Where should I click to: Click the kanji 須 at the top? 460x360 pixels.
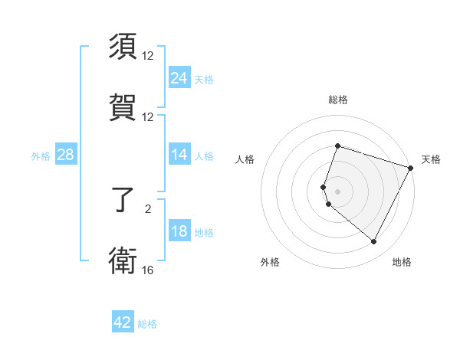(x=123, y=47)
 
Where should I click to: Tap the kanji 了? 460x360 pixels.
(x=123, y=201)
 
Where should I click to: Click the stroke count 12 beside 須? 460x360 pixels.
(x=148, y=56)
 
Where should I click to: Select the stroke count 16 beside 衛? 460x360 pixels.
(x=148, y=270)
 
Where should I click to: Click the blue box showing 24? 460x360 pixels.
(x=179, y=78)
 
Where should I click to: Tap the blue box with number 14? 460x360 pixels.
(x=179, y=155)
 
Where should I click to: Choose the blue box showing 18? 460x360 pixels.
(x=179, y=231)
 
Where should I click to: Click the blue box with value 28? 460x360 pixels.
(x=65, y=155)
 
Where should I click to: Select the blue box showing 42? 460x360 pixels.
(x=123, y=322)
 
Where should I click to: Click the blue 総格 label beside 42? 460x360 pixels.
(x=147, y=324)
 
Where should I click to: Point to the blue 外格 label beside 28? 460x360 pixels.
(x=41, y=156)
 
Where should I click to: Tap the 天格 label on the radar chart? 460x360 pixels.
(x=432, y=159)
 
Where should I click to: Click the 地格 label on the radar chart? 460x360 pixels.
(x=402, y=263)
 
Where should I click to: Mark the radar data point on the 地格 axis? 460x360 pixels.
(x=373, y=242)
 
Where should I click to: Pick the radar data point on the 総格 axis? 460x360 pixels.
(x=337, y=146)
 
